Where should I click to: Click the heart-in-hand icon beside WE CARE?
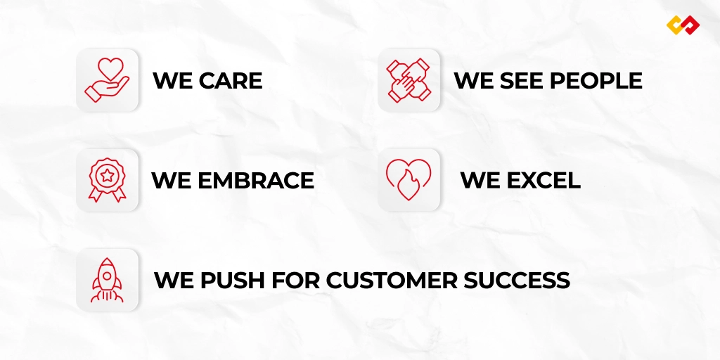[x=107, y=80]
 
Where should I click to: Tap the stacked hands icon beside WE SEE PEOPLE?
[x=409, y=80]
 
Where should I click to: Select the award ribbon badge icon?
[x=107, y=180]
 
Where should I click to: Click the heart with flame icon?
[x=409, y=179]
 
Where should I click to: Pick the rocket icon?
[x=107, y=280]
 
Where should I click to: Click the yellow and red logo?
[x=683, y=25]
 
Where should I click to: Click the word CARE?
[x=231, y=81]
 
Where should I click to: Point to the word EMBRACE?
[x=256, y=181]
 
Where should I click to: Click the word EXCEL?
[x=544, y=181]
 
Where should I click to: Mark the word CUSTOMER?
[x=392, y=281]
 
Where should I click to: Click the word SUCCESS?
[x=517, y=281]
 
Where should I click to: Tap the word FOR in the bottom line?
[x=296, y=281]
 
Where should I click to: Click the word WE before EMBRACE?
[x=172, y=181]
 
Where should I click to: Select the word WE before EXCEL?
[x=481, y=181]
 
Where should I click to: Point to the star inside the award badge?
[x=107, y=175]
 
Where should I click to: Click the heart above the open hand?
[x=110, y=68]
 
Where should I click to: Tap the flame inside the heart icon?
[x=407, y=185]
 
